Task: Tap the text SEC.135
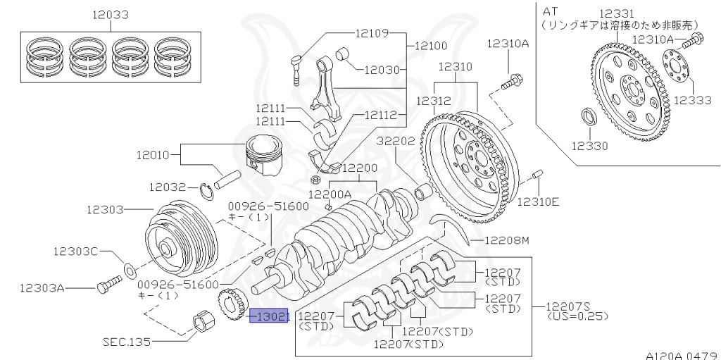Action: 127,341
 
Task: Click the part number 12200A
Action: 330,193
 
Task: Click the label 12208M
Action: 506,241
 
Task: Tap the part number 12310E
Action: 539,201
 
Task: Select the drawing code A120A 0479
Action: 682,354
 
